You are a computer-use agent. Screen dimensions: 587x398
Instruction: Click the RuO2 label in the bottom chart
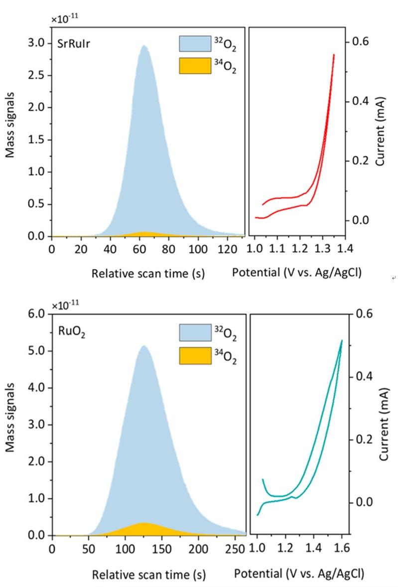[73, 332]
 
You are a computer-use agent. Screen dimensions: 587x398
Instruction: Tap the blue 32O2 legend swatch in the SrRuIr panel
[195, 43]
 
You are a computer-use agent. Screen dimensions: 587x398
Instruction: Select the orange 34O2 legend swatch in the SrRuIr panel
[195, 65]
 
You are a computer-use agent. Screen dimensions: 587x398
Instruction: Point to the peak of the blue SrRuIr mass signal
[144, 46]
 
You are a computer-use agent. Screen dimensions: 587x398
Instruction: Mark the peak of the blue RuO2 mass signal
[143, 346]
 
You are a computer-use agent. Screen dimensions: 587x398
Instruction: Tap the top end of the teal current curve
[342, 340]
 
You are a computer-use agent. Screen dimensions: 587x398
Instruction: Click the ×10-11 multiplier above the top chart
[65, 19]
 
